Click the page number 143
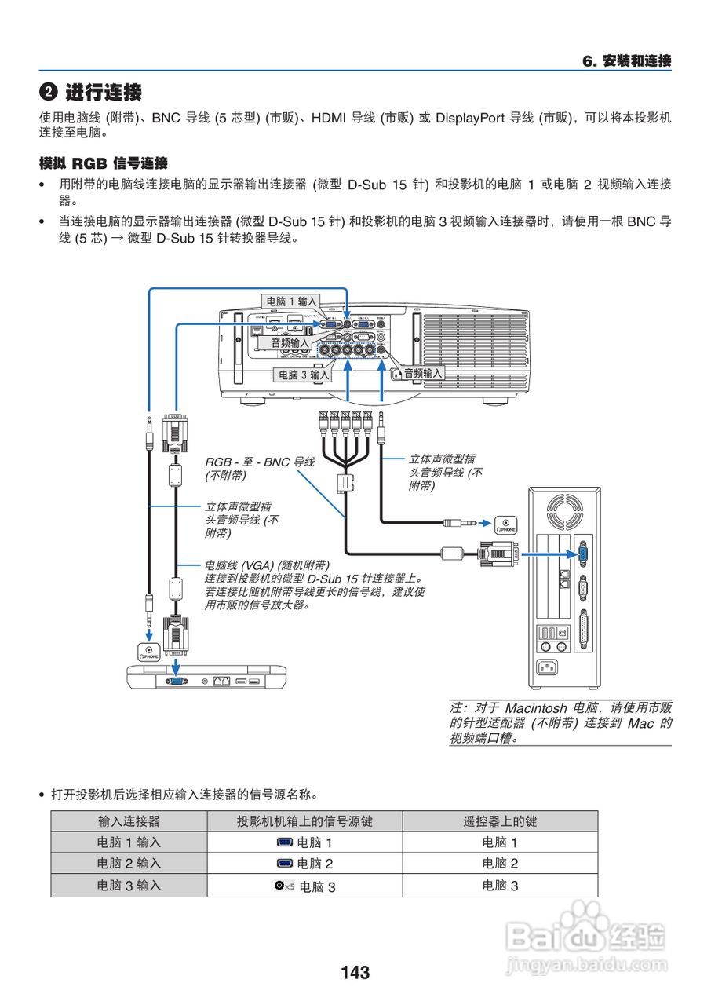tap(355, 973)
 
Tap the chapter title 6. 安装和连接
tap(625, 61)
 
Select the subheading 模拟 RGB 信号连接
tap(103, 163)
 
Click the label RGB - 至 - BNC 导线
tap(259, 462)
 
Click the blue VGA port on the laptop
tap(177, 681)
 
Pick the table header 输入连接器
tap(129, 821)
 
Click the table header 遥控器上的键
tap(500, 821)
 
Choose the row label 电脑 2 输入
tap(129, 864)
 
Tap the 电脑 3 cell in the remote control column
tap(500, 886)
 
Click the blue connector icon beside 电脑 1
tap(285, 842)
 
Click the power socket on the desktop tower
tap(549, 669)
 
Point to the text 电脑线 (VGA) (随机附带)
tap(267, 565)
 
